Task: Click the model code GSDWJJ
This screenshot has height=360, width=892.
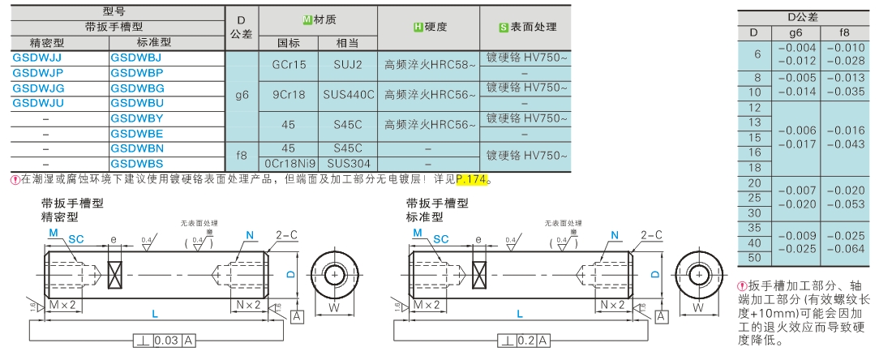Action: [x=37, y=58]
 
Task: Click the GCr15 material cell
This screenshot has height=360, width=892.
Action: [x=291, y=64]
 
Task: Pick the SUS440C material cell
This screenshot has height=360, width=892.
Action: [x=349, y=94]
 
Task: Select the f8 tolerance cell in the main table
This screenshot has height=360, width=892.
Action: [x=242, y=155]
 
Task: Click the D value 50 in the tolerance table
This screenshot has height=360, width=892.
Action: [x=755, y=258]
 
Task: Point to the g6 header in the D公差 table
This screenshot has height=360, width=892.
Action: [x=796, y=32]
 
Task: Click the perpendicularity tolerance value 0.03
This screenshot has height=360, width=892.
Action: [x=167, y=340]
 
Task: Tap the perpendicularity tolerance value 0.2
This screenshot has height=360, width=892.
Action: [x=528, y=340]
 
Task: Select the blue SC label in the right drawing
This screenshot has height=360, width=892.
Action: [x=441, y=240]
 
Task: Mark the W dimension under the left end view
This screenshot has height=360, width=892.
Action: [x=334, y=307]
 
